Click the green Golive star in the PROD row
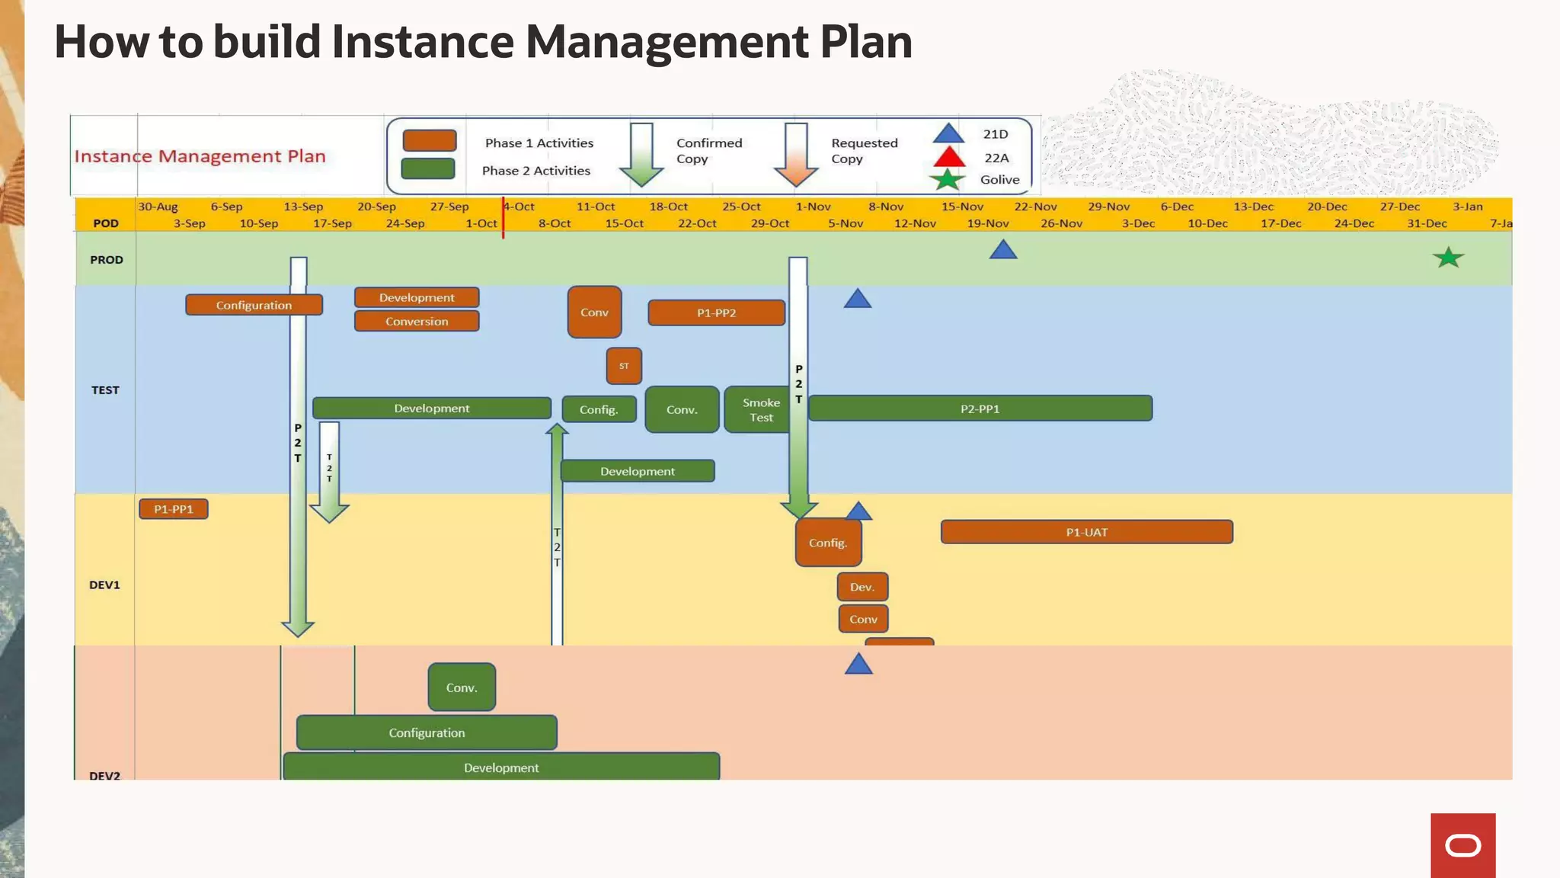pos(1448,258)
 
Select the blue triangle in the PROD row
pos(1003,251)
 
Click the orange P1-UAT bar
pos(1086,532)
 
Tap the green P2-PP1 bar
pos(980,409)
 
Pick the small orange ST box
pos(624,366)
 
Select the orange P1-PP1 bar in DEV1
pos(174,509)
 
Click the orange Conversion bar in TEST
pos(417,322)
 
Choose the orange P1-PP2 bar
pos(716,312)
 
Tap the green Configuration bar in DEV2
pos(427,732)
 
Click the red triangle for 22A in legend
pos(949,158)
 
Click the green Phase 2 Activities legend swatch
pos(428,168)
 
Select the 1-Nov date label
pos(813,207)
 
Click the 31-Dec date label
pos(1426,223)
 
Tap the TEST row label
pos(105,390)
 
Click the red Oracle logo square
pos(1462,845)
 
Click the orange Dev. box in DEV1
pos(862,587)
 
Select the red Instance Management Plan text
pos(200,156)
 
